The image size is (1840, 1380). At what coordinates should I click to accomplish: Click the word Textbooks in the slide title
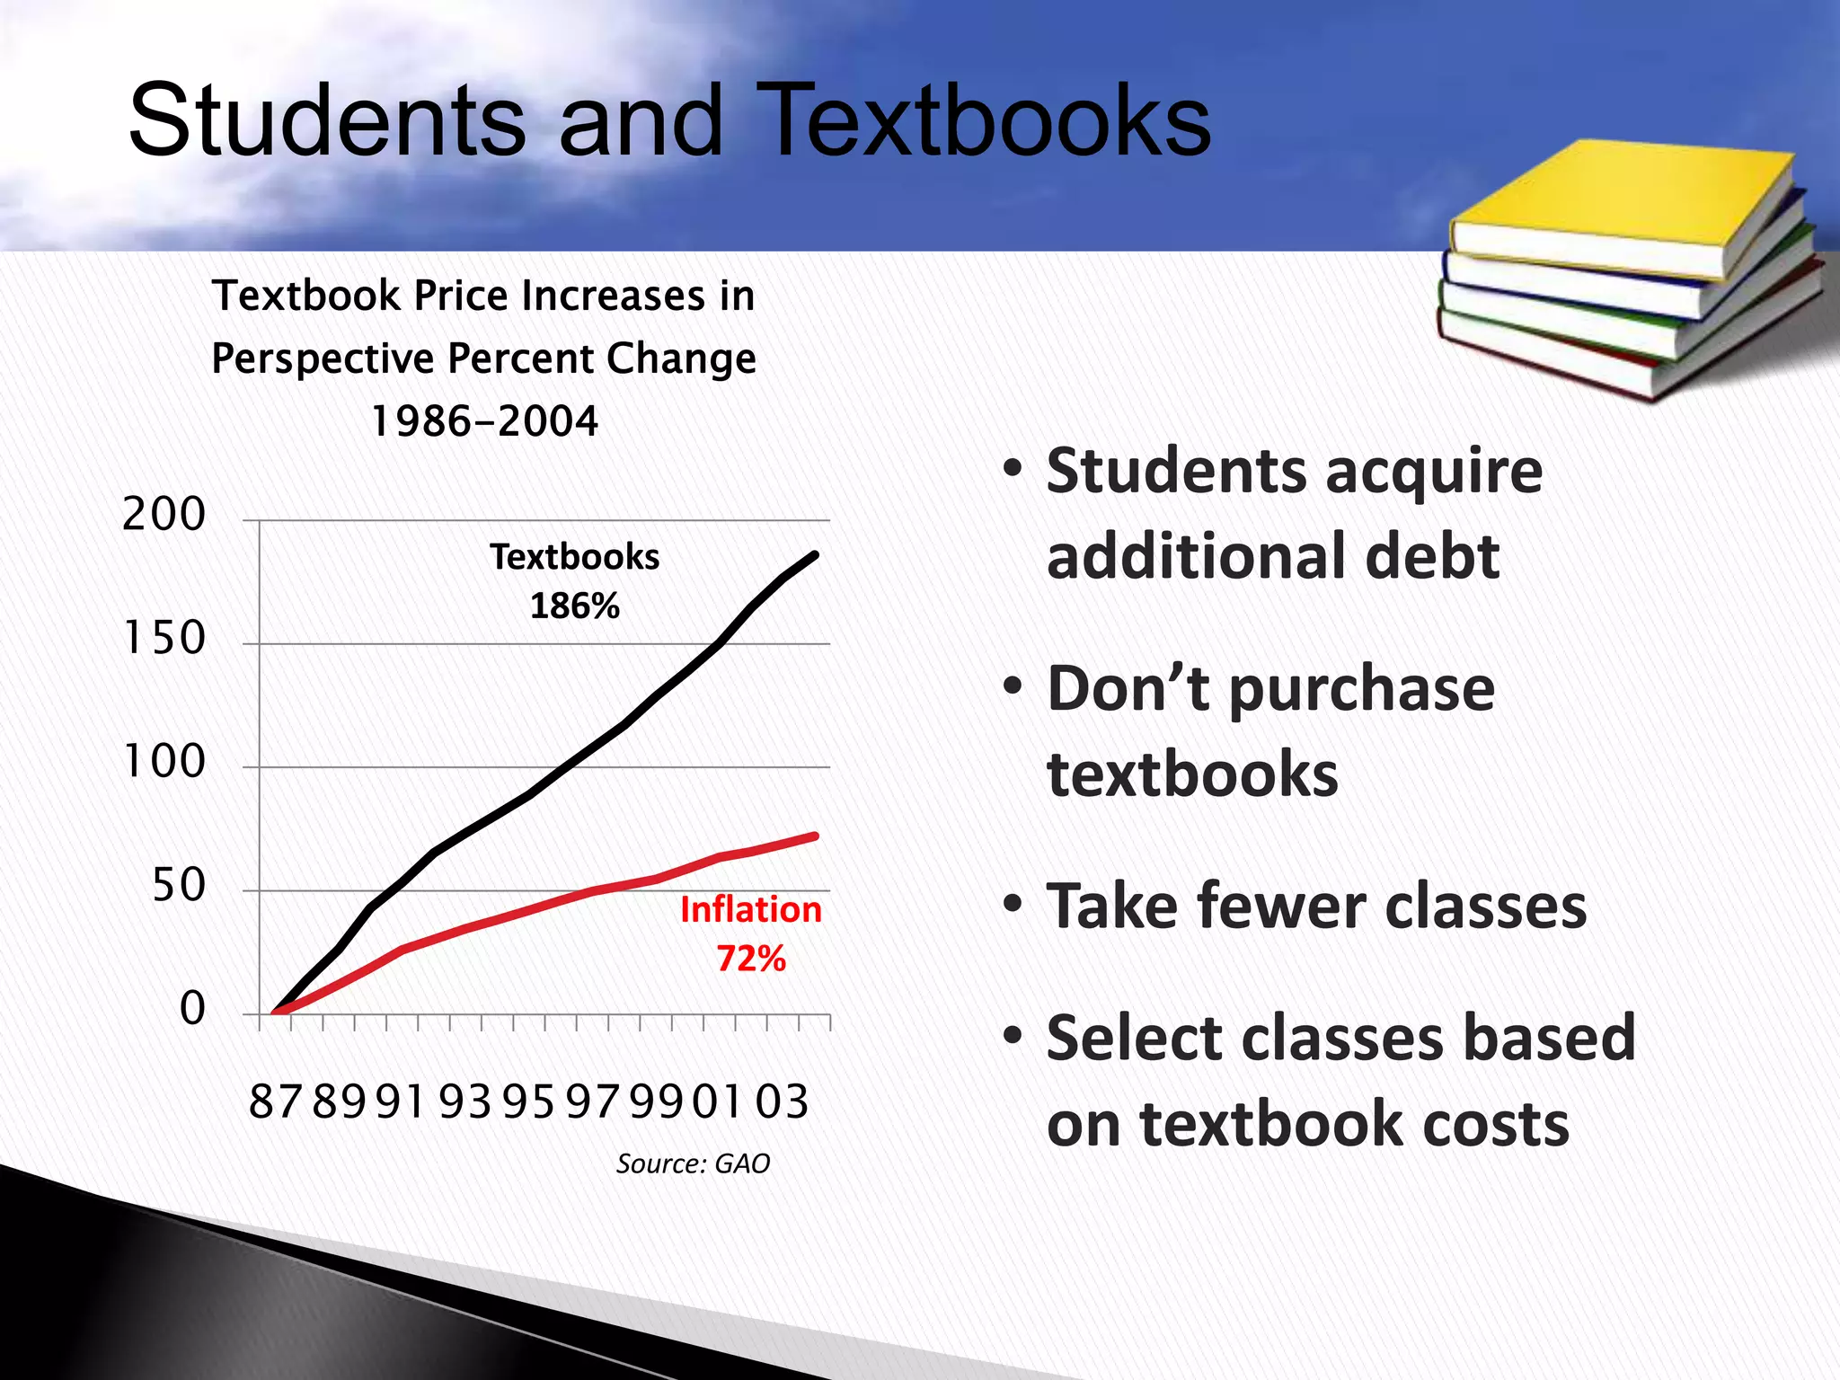(x=987, y=120)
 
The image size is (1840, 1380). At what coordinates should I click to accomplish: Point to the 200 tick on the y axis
(x=164, y=515)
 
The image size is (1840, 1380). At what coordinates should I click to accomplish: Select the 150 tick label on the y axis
(x=164, y=639)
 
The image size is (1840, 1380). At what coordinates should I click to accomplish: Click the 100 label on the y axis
(x=164, y=762)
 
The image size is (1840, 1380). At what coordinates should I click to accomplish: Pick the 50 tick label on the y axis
(x=178, y=886)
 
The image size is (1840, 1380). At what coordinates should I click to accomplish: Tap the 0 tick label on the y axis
(x=192, y=1009)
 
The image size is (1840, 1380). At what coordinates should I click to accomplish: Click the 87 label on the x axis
(x=275, y=1101)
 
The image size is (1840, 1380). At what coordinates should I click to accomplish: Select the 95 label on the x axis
(x=528, y=1101)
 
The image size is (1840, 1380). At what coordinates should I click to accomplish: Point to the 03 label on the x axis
(x=782, y=1101)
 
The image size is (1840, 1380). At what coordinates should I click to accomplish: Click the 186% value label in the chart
(x=575, y=606)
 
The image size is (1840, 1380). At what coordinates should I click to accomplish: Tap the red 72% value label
(x=751, y=959)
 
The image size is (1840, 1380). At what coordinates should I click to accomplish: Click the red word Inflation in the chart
(x=751, y=909)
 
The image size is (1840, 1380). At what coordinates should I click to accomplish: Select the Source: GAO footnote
(x=693, y=1163)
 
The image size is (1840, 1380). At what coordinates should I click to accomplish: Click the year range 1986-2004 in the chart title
(x=484, y=420)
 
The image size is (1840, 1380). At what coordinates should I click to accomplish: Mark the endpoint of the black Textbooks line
(x=815, y=554)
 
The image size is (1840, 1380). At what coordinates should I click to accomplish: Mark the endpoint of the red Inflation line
(x=815, y=836)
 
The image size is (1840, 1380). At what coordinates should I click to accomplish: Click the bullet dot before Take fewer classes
(x=1013, y=903)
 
